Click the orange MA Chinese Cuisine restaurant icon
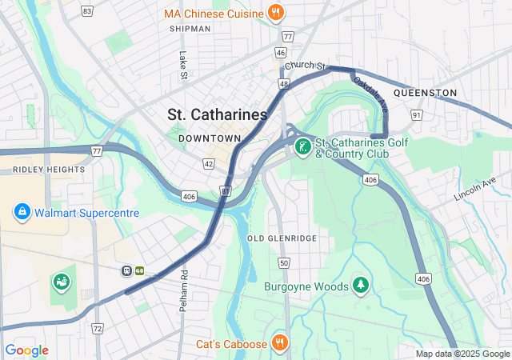(276, 13)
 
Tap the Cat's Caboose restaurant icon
(279, 343)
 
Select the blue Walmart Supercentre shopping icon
(22, 213)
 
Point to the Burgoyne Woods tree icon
(361, 286)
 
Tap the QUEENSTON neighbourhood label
(426, 93)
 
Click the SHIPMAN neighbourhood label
(190, 29)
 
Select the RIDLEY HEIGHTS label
(49, 170)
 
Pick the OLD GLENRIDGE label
(282, 238)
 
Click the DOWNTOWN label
(210, 138)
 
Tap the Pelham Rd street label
(183, 284)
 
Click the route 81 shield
(226, 190)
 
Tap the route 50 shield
(283, 262)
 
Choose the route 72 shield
(98, 329)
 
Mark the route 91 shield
(416, 116)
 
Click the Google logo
(26, 350)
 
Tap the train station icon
(127, 270)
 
